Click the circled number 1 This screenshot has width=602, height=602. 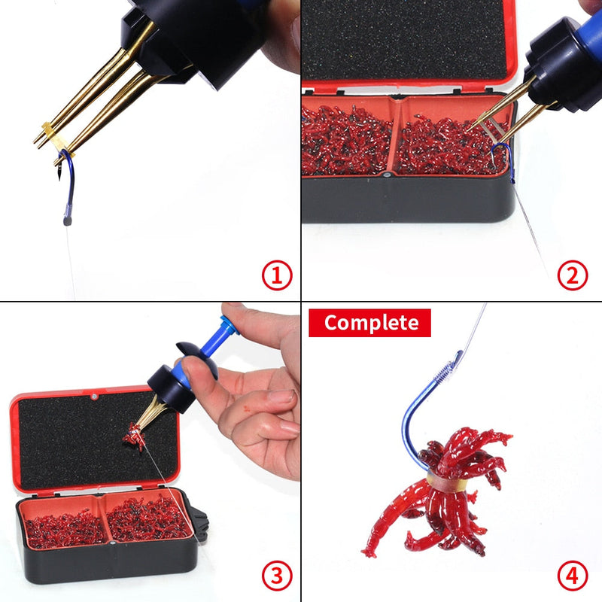[276, 276]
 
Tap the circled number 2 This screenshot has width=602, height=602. [572, 276]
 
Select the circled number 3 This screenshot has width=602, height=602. [276, 577]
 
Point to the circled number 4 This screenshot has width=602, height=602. [572, 577]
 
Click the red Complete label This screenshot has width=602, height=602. [369, 323]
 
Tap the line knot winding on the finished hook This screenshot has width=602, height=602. [450, 369]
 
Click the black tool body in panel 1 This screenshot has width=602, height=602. [188, 34]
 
